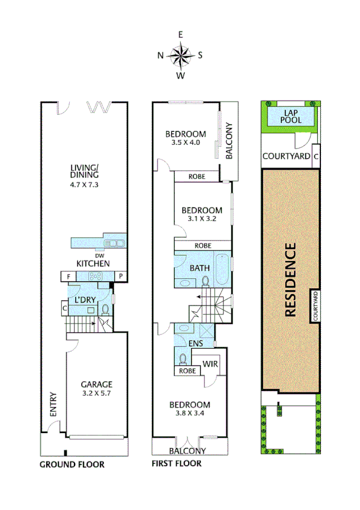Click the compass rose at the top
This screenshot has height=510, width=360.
coord(180,55)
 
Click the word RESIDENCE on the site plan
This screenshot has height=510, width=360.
coord(290,279)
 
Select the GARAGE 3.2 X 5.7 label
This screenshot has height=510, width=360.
coord(97,389)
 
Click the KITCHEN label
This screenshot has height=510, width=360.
coord(93,263)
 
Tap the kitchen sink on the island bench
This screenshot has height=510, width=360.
coord(112,243)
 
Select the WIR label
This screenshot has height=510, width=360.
coord(210,364)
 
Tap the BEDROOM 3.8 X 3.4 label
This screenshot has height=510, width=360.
coord(189,409)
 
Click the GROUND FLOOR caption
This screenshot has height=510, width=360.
coord(72,464)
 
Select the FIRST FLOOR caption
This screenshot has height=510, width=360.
coord(177,464)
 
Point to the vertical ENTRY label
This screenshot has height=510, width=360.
coord(53,404)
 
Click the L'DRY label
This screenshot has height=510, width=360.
coord(86,300)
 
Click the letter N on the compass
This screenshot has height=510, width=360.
coord(160,55)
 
